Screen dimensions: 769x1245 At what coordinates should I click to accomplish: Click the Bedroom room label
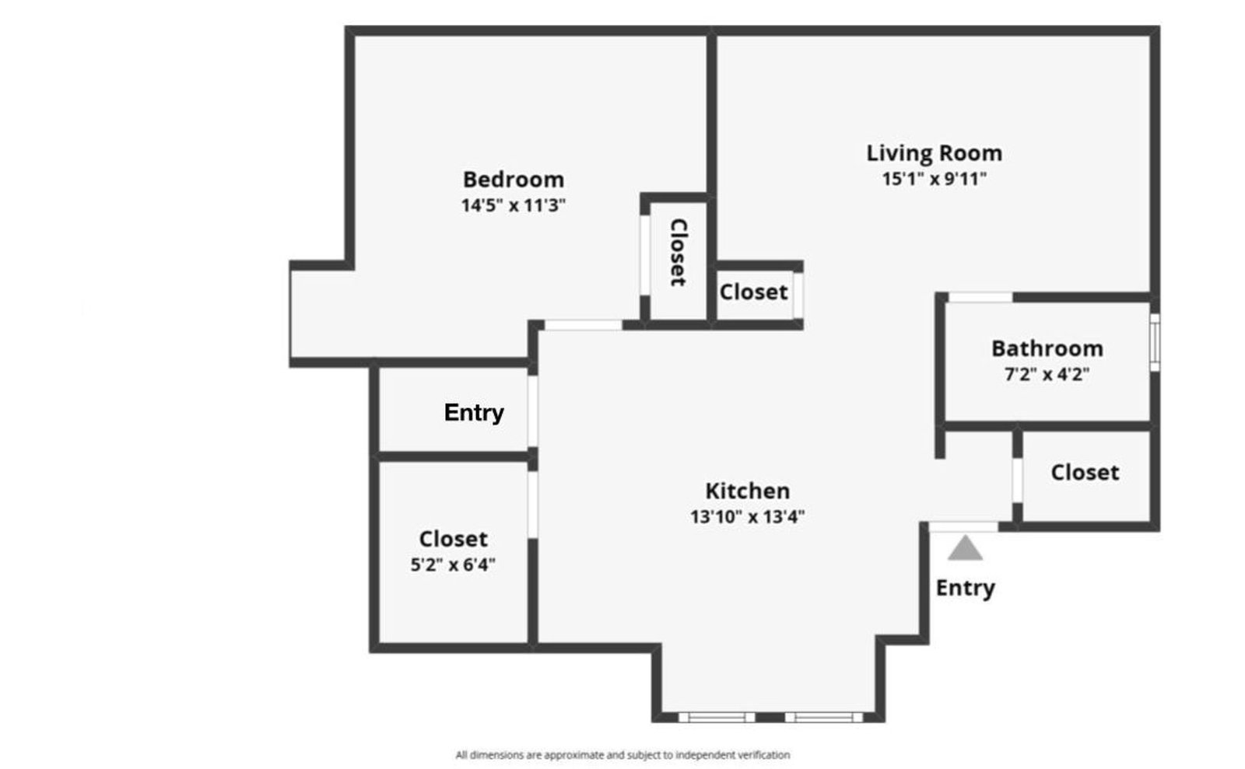click(513, 180)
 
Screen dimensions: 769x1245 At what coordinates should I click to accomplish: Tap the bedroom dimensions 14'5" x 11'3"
click(513, 206)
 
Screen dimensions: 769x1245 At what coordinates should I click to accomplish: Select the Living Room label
click(934, 153)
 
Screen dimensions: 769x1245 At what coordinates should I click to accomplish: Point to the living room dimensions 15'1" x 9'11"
click(934, 179)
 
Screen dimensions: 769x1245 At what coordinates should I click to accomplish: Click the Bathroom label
click(1047, 348)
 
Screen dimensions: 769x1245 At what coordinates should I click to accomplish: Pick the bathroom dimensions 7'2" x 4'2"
click(1047, 375)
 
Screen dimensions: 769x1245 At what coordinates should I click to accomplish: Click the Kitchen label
click(747, 491)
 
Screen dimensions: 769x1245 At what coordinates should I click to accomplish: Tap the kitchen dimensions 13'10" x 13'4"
click(747, 516)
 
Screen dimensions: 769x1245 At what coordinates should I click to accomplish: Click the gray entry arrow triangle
click(965, 549)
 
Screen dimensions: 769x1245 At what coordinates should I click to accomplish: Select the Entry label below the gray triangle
click(965, 588)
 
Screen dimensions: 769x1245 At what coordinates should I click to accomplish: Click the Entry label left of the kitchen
click(473, 412)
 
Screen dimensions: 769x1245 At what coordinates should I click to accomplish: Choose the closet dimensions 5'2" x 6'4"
click(453, 565)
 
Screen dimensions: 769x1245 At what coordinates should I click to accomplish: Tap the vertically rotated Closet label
click(678, 252)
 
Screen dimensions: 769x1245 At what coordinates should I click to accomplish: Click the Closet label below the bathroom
click(1085, 472)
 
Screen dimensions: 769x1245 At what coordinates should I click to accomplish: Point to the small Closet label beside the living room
click(753, 292)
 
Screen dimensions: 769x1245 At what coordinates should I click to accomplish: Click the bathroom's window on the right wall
click(1155, 341)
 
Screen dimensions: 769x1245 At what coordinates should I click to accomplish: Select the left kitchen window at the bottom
click(716, 717)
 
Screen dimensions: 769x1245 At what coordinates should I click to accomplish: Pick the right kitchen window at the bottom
click(823, 717)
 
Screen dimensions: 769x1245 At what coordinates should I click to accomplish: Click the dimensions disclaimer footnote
click(622, 754)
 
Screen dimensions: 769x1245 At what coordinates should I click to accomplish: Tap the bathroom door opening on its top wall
click(980, 297)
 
